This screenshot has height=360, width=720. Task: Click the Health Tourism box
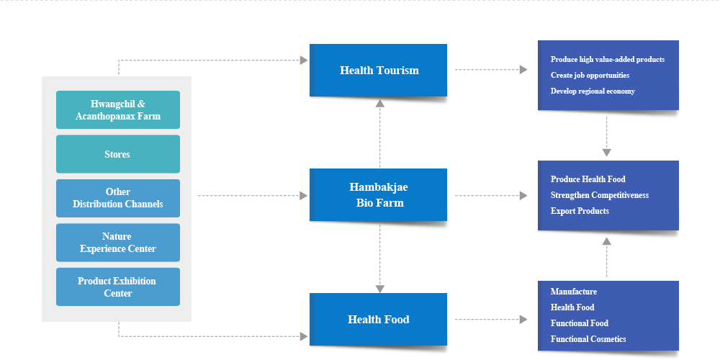pyautogui.click(x=378, y=71)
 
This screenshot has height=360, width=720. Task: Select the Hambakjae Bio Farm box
pyautogui.click(x=378, y=194)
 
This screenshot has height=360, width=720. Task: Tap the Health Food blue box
pyautogui.click(x=378, y=319)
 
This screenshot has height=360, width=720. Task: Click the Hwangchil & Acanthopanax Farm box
pyautogui.click(x=118, y=109)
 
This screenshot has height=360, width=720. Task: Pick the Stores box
pyautogui.click(x=118, y=154)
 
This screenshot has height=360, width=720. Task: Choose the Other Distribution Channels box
pyautogui.click(x=118, y=199)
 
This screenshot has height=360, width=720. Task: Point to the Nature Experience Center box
pyautogui.click(x=118, y=243)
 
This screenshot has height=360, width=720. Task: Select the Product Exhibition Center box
pyautogui.click(x=118, y=287)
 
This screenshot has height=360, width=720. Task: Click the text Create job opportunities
pyautogui.click(x=590, y=76)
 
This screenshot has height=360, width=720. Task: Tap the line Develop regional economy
pyautogui.click(x=593, y=91)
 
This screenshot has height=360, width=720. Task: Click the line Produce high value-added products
pyautogui.click(x=608, y=60)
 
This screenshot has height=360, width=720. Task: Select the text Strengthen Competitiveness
pyautogui.click(x=600, y=195)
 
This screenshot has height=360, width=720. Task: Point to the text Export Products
pyautogui.click(x=580, y=211)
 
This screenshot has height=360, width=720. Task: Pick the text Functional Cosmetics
pyautogui.click(x=588, y=339)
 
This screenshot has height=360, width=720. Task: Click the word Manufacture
pyautogui.click(x=574, y=292)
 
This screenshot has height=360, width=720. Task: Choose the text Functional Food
pyautogui.click(x=580, y=323)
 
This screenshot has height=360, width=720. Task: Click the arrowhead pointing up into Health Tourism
pyautogui.click(x=379, y=103)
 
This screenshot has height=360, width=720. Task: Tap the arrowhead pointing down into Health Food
pyautogui.click(x=379, y=289)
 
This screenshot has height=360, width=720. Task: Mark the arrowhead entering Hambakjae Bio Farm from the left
pyautogui.click(x=304, y=196)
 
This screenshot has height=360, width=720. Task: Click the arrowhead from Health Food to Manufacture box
pyautogui.click(x=523, y=320)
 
